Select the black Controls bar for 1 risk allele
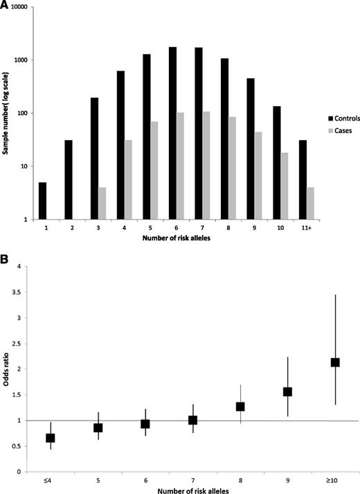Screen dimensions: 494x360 point(43,202)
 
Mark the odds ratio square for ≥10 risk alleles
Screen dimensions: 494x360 point(335,362)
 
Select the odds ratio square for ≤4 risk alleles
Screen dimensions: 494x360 point(50,438)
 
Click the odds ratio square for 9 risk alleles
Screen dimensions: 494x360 point(287,391)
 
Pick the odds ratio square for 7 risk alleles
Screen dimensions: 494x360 point(192,420)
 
